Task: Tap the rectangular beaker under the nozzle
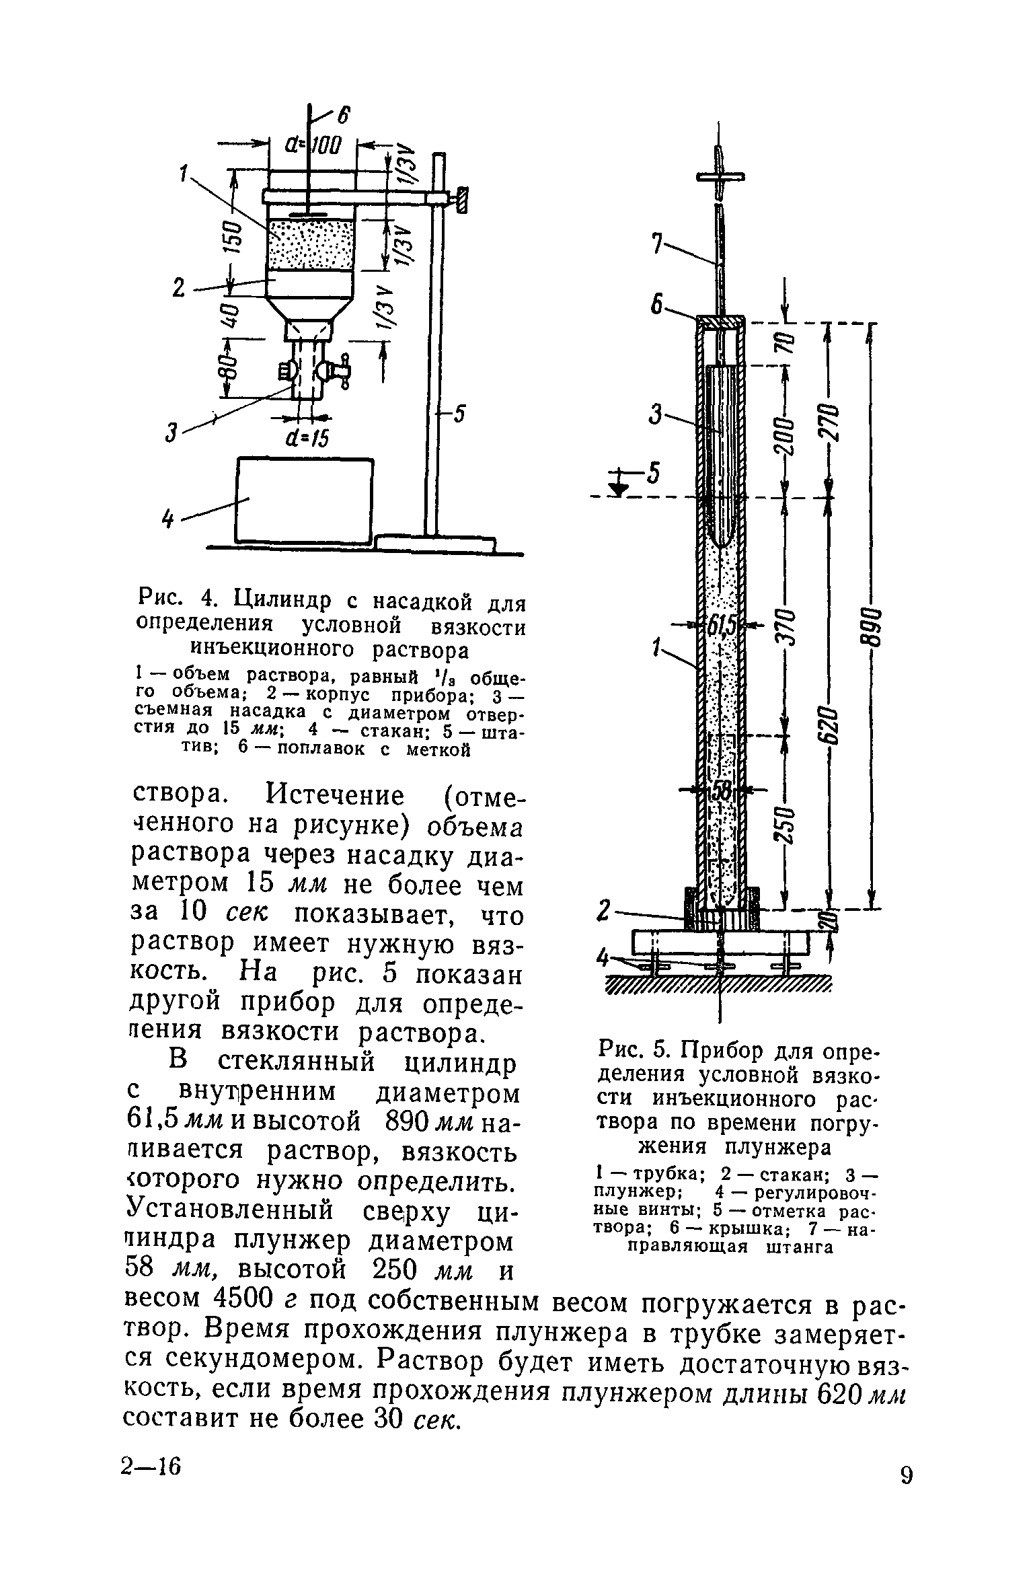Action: [x=304, y=501]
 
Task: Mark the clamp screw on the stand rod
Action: [x=461, y=200]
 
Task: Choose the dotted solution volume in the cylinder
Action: [x=310, y=245]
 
